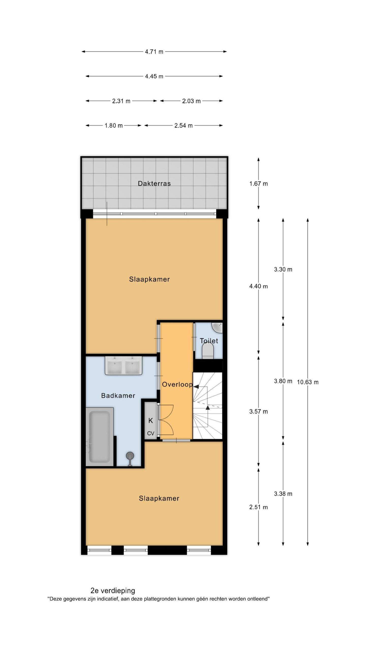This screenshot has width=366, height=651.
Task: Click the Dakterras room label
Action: coord(154,183)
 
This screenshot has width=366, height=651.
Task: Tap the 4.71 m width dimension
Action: coord(154,52)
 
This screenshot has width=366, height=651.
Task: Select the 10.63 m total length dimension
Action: coord(308,382)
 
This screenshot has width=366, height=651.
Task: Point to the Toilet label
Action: coord(209,341)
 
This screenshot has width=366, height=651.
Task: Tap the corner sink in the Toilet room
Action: coord(218,328)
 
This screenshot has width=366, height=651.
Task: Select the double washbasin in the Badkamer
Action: coord(124,365)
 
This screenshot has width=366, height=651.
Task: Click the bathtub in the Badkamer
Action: coord(99,437)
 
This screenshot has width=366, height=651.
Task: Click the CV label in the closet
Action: coord(151,433)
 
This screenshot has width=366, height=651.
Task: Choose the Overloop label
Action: coord(177,384)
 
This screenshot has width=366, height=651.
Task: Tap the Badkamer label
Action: coord(118,395)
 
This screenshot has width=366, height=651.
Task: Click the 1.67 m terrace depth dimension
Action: coord(258,184)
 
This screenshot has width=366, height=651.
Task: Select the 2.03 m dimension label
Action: coord(191,101)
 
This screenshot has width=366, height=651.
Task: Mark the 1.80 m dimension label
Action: coord(114,126)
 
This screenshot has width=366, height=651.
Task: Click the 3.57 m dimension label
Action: coord(258,411)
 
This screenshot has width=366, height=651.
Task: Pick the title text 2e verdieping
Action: coord(113,590)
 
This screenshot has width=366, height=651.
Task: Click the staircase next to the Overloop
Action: coord(207,406)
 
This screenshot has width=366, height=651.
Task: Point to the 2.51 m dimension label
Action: coord(258,507)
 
